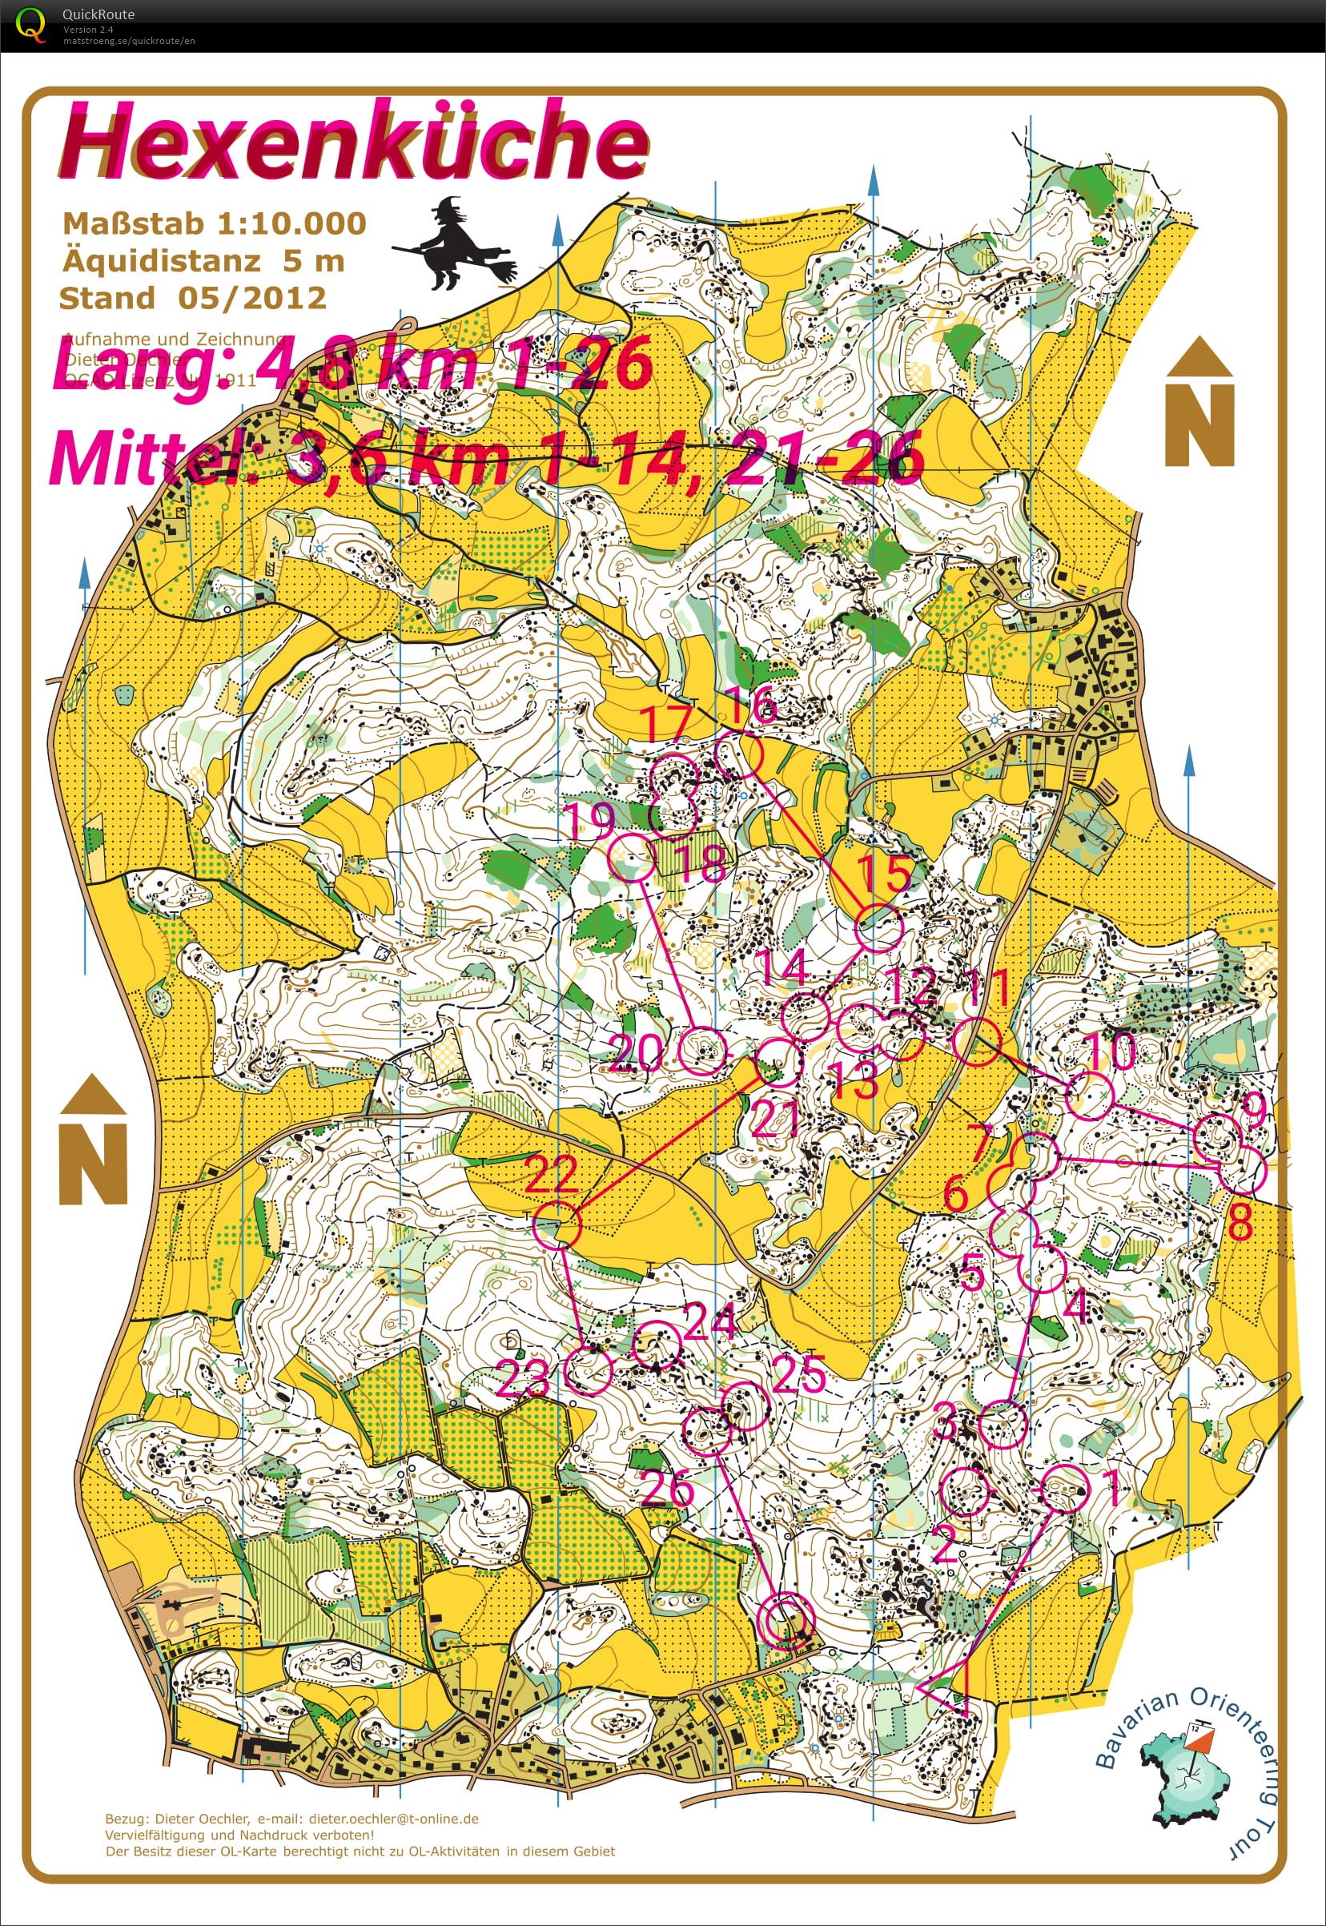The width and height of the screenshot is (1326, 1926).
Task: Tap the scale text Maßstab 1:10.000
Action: point(214,223)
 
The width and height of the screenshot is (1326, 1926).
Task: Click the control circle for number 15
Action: point(878,928)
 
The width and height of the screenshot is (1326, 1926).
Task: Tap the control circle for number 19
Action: point(633,858)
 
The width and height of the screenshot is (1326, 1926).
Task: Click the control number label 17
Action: point(666,724)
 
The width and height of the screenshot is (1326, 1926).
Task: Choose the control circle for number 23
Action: point(589,1370)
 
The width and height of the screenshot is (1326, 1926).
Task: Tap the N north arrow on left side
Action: point(93,1139)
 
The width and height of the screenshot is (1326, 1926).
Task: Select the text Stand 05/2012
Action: point(192,297)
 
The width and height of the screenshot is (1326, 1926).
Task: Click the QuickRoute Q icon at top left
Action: point(30,24)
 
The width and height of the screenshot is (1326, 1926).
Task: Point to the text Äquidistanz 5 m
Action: point(203,260)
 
